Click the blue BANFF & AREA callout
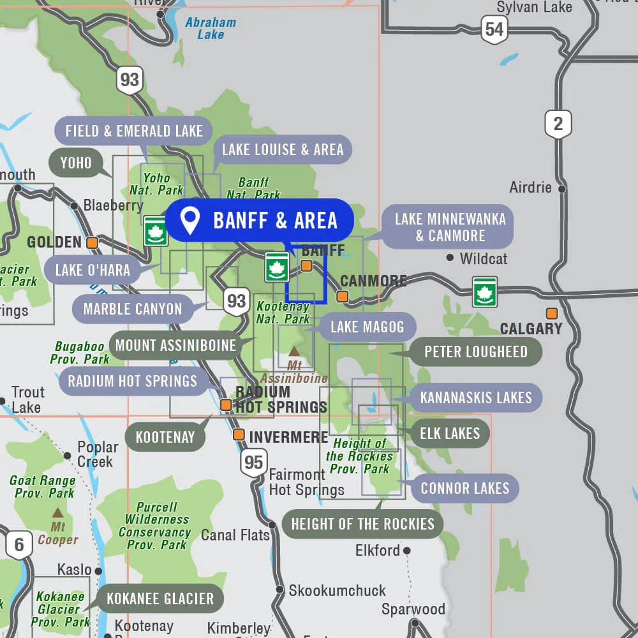pos(259,220)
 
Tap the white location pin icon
pos(189,219)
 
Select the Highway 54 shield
pos(494,29)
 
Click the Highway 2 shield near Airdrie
pos(558,124)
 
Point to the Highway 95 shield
pos(253,462)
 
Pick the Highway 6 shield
pos(19,545)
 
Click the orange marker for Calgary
pos(551,313)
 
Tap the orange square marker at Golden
pos(93,242)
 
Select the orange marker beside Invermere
pos(239,434)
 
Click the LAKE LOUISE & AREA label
pos(283,150)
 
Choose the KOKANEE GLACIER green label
pos(160,599)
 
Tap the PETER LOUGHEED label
pos(475,352)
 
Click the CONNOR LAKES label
pos(464,489)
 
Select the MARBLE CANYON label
pos(133,309)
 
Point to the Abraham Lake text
pos(211,29)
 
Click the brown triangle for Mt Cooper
pos(57,512)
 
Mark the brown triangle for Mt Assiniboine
pos(294,351)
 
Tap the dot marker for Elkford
pos(406,550)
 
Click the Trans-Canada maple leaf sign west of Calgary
pos(485,292)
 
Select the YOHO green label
pos(76,163)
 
